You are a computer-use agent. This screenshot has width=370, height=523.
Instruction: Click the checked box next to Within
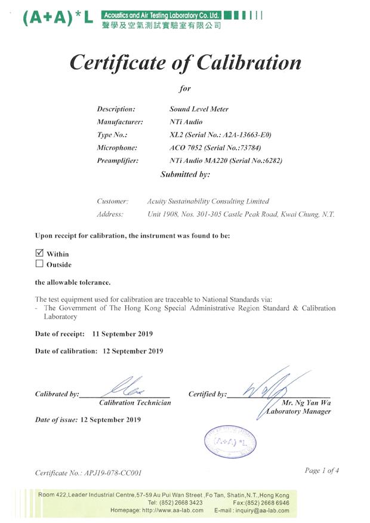pos(39,253)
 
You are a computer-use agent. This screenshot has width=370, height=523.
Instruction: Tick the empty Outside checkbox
pos(39,264)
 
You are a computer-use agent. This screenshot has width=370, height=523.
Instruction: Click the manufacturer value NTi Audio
pos(186,122)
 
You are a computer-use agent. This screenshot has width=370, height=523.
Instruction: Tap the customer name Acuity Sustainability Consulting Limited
pos(208,201)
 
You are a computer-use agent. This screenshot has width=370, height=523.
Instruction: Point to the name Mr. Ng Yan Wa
pos(306,402)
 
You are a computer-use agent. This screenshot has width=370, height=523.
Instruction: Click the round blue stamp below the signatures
pos(226,442)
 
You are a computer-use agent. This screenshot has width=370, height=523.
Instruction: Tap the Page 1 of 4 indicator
pos(322,470)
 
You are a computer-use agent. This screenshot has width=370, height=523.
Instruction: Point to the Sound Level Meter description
pos(199,110)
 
